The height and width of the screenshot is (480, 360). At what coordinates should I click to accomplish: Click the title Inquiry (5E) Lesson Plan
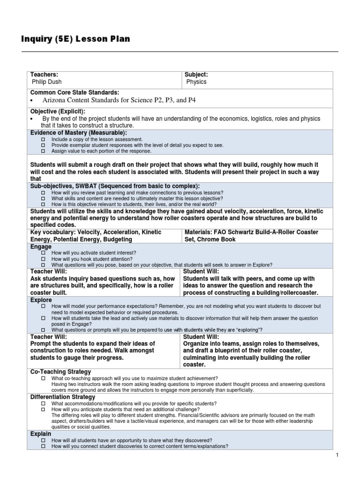[x=75, y=39]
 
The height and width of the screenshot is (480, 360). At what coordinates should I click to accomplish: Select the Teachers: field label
[x=44, y=75]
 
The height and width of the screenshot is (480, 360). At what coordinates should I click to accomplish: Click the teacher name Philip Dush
[x=47, y=82]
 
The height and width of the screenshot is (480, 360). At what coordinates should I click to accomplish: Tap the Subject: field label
[x=196, y=75]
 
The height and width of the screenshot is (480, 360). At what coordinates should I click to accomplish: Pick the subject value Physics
[x=196, y=82]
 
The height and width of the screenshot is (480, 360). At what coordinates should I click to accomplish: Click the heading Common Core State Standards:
[x=75, y=92]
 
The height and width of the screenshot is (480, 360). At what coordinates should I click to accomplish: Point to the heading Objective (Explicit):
[x=58, y=111]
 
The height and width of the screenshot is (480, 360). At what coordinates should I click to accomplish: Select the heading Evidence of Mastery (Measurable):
[x=79, y=133]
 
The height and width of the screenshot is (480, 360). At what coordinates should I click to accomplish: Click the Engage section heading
[x=41, y=246]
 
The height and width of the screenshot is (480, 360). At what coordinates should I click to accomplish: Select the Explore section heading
[x=42, y=300]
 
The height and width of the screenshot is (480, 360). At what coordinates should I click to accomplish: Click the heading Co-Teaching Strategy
[x=60, y=372]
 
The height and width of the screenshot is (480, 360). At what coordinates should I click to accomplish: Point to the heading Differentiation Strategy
[x=63, y=397]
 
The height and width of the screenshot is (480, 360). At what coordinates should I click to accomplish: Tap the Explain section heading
[x=41, y=434]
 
